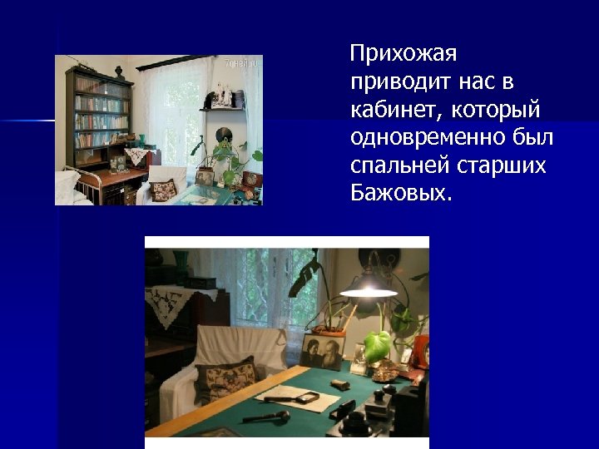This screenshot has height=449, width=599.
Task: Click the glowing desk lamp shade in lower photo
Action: point(369,286)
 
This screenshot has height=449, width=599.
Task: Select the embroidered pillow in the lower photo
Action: point(227,382)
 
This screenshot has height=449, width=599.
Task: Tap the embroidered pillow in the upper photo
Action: point(164,190)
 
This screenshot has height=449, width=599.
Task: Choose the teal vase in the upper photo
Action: point(141,140)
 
